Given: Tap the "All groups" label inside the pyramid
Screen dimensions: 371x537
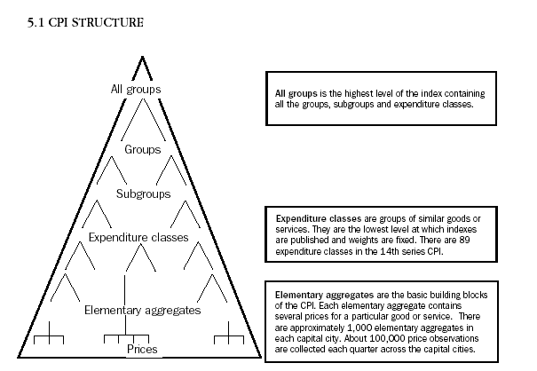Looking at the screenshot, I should (x=137, y=88).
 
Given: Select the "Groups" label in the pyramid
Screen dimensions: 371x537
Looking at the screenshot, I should (x=142, y=149).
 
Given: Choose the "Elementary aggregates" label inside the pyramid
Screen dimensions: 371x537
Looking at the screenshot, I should (x=142, y=311).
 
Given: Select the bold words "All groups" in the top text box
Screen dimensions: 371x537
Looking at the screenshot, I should (x=296, y=93).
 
